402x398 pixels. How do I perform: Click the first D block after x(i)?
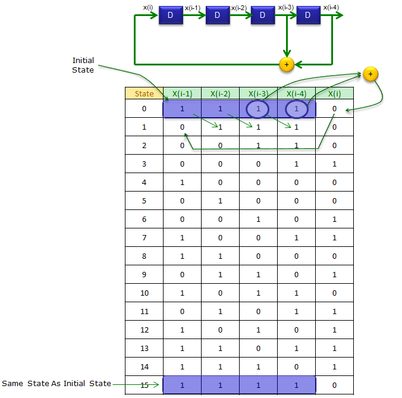[170, 15]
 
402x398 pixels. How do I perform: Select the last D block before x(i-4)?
[308, 15]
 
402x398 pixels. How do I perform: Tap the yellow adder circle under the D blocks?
[287, 64]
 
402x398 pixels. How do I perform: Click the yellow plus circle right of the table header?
[370, 74]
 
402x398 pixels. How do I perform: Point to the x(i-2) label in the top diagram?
[239, 8]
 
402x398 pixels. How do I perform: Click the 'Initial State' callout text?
[83, 65]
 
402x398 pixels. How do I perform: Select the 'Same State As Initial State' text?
[56, 383]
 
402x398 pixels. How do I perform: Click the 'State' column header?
[144, 93]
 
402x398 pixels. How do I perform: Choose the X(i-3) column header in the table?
[258, 93]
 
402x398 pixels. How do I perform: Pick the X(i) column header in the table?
[334, 93]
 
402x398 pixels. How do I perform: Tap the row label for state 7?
[144, 238]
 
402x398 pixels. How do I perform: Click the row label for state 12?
[144, 330]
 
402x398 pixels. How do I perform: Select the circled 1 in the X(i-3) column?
[259, 109]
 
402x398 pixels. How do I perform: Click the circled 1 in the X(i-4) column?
[296, 109]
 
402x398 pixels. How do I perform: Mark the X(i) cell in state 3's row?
[334, 164]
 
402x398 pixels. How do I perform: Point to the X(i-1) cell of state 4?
[182, 183]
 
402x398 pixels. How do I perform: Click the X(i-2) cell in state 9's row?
[220, 275]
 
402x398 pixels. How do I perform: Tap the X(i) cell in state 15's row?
[334, 385]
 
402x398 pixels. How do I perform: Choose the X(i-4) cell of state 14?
[296, 367]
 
